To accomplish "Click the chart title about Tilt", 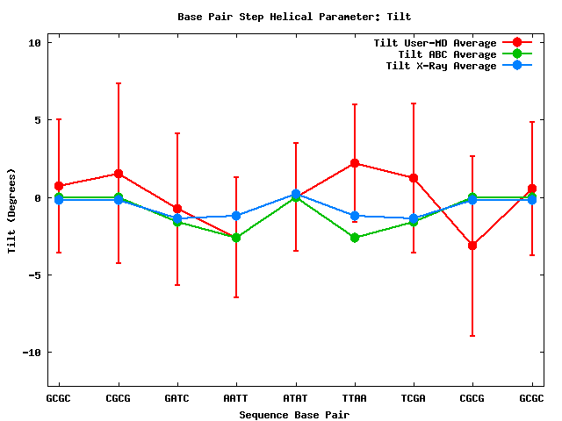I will tap(294, 17).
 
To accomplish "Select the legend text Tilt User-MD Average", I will tap(435, 43).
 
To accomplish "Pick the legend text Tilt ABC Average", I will tap(442, 54).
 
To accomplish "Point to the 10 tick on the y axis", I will tap(35, 42).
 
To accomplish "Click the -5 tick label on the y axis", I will tap(35, 275).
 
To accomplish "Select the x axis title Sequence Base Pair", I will tap(294, 414).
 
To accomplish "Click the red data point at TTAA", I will tap(354, 163).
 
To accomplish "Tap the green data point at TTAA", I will tap(354, 238).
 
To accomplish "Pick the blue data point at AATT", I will tap(236, 216).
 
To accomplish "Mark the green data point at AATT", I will tap(236, 238).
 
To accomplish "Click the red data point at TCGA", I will tap(414, 178).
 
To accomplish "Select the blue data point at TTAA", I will tap(354, 216).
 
